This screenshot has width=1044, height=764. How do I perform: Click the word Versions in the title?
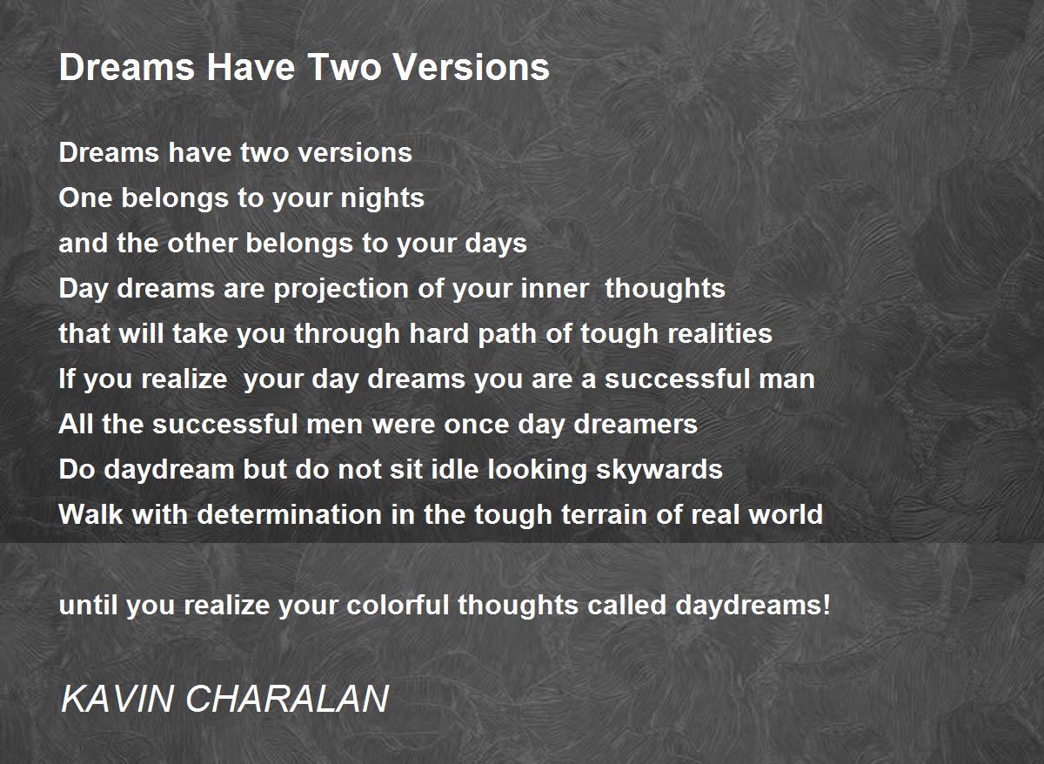[x=472, y=67]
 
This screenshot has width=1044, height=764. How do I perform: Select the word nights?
[x=382, y=199]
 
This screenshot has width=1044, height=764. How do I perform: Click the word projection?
[x=341, y=290]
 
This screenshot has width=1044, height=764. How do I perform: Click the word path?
[x=507, y=335]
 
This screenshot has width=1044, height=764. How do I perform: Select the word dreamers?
[x=635, y=424]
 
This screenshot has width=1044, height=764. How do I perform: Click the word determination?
[x=290, y=514]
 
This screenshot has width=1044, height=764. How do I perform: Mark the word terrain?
[x=604, y=514]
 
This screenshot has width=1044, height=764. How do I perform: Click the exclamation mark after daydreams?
[x=826, y=605]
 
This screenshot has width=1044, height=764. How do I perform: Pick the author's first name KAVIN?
[x=117, y=699]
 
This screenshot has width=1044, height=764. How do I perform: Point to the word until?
[x=88, y=605]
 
